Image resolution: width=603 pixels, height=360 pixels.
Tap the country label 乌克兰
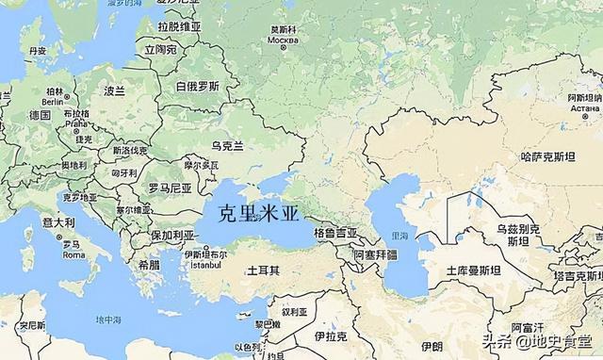point(227,145)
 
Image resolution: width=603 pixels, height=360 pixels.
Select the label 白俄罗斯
point(198,86)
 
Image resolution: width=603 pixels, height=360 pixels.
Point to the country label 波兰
point(114,91)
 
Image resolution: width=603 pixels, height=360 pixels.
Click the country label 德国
point(40,115)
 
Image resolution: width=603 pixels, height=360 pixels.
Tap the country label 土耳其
point(263,270)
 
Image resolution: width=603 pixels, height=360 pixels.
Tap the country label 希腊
point(149,266)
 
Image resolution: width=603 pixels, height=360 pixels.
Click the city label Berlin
point(54,101)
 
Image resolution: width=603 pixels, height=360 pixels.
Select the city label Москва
point(283,41)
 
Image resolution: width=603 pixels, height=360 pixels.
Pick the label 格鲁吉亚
point(335,232)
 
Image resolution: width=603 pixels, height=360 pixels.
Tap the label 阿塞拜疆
point(375,255)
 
